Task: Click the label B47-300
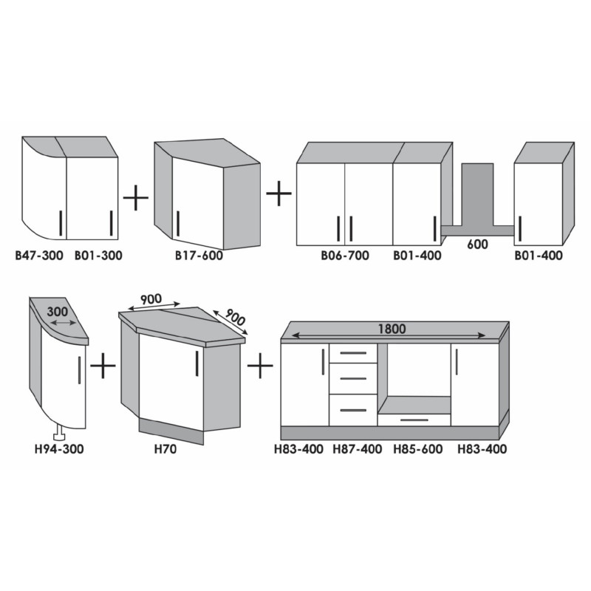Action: tap(39, 256)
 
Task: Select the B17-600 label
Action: tap(199, 256)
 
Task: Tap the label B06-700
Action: tap(345, 256)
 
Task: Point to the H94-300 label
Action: tap(59, 449)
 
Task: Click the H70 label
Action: tap(165, 449)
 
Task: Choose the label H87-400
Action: tap(358, 449)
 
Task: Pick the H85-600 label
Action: tap(418, 449)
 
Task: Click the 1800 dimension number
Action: tap(392, 329)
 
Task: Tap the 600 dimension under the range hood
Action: tap(477, 245)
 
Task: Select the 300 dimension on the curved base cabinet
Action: tap(58, 312)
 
